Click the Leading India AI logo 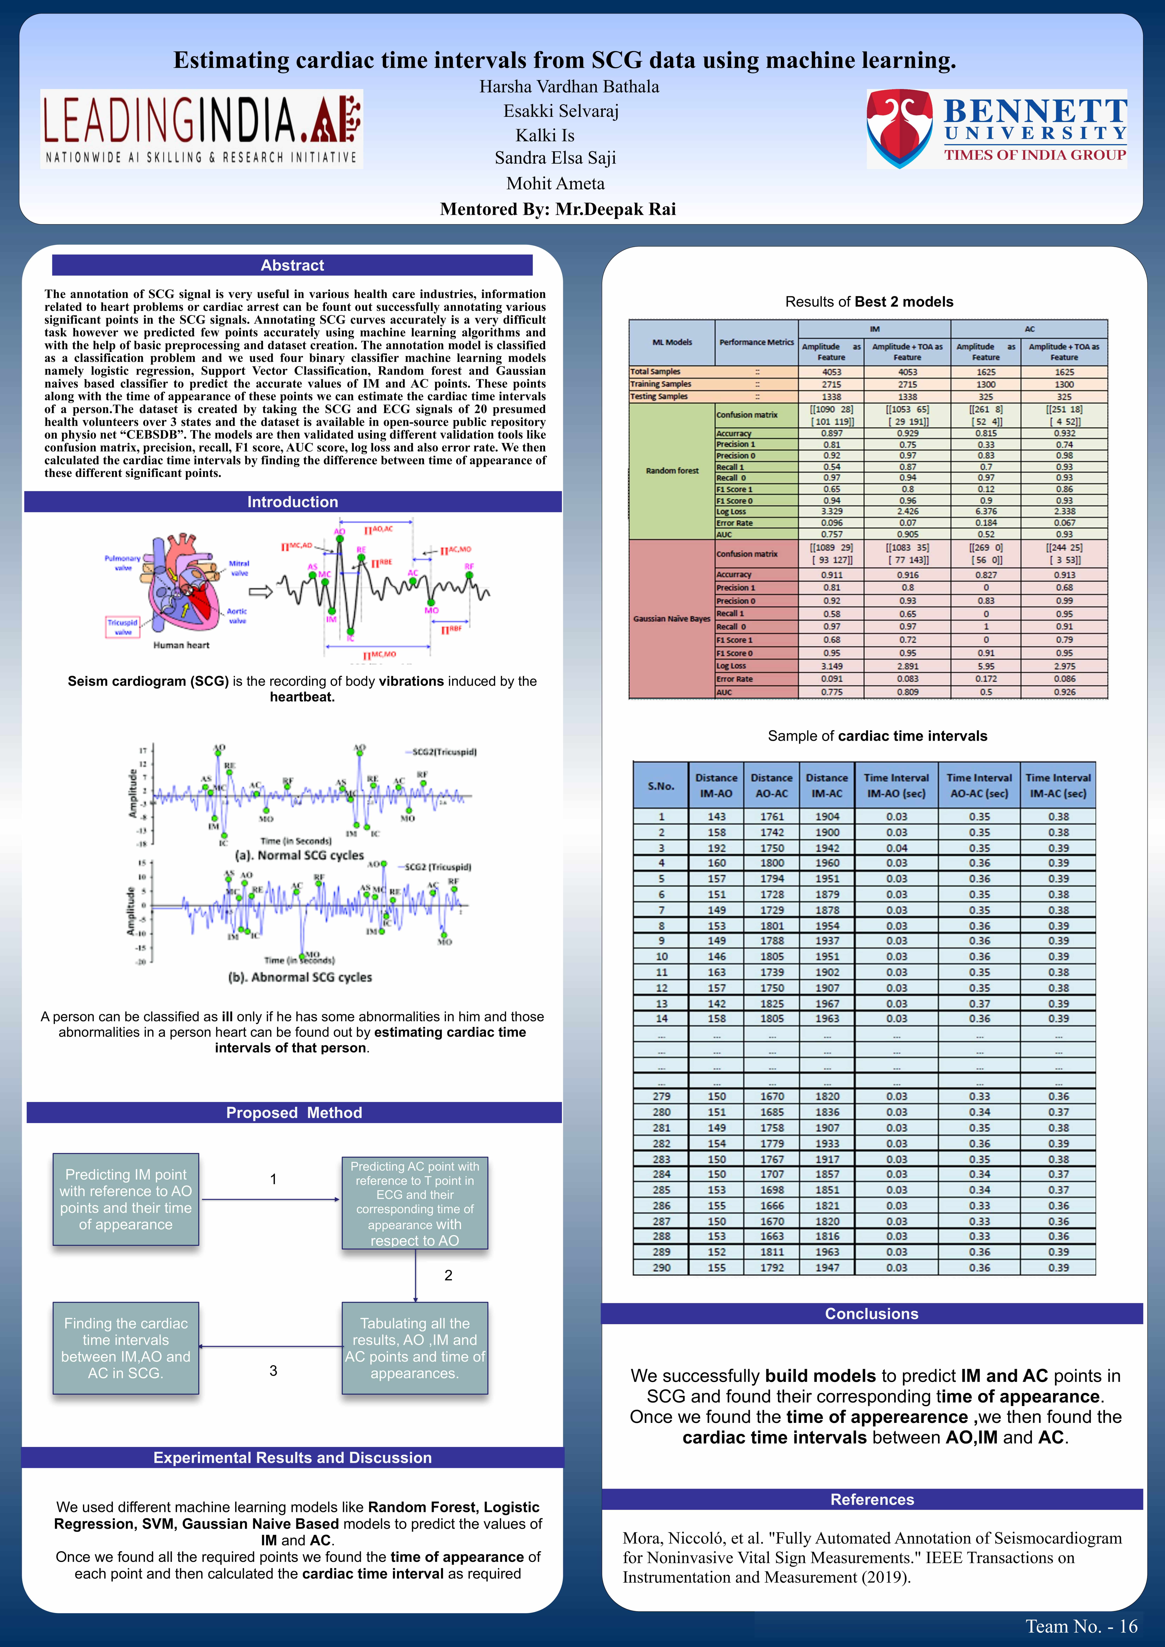(201, 129)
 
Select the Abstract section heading (292, 265)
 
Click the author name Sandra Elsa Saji (555, 158)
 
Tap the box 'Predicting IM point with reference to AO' (125, 1199)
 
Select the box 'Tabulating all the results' (415, 1348)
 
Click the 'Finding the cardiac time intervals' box (125, 1348)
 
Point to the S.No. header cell (661, 786)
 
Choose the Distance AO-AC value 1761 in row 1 (772, 816)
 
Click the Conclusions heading (872, 1313)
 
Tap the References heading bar (872, 1499)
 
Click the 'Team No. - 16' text (1081, 1626)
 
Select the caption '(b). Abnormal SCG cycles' (300, 977)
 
